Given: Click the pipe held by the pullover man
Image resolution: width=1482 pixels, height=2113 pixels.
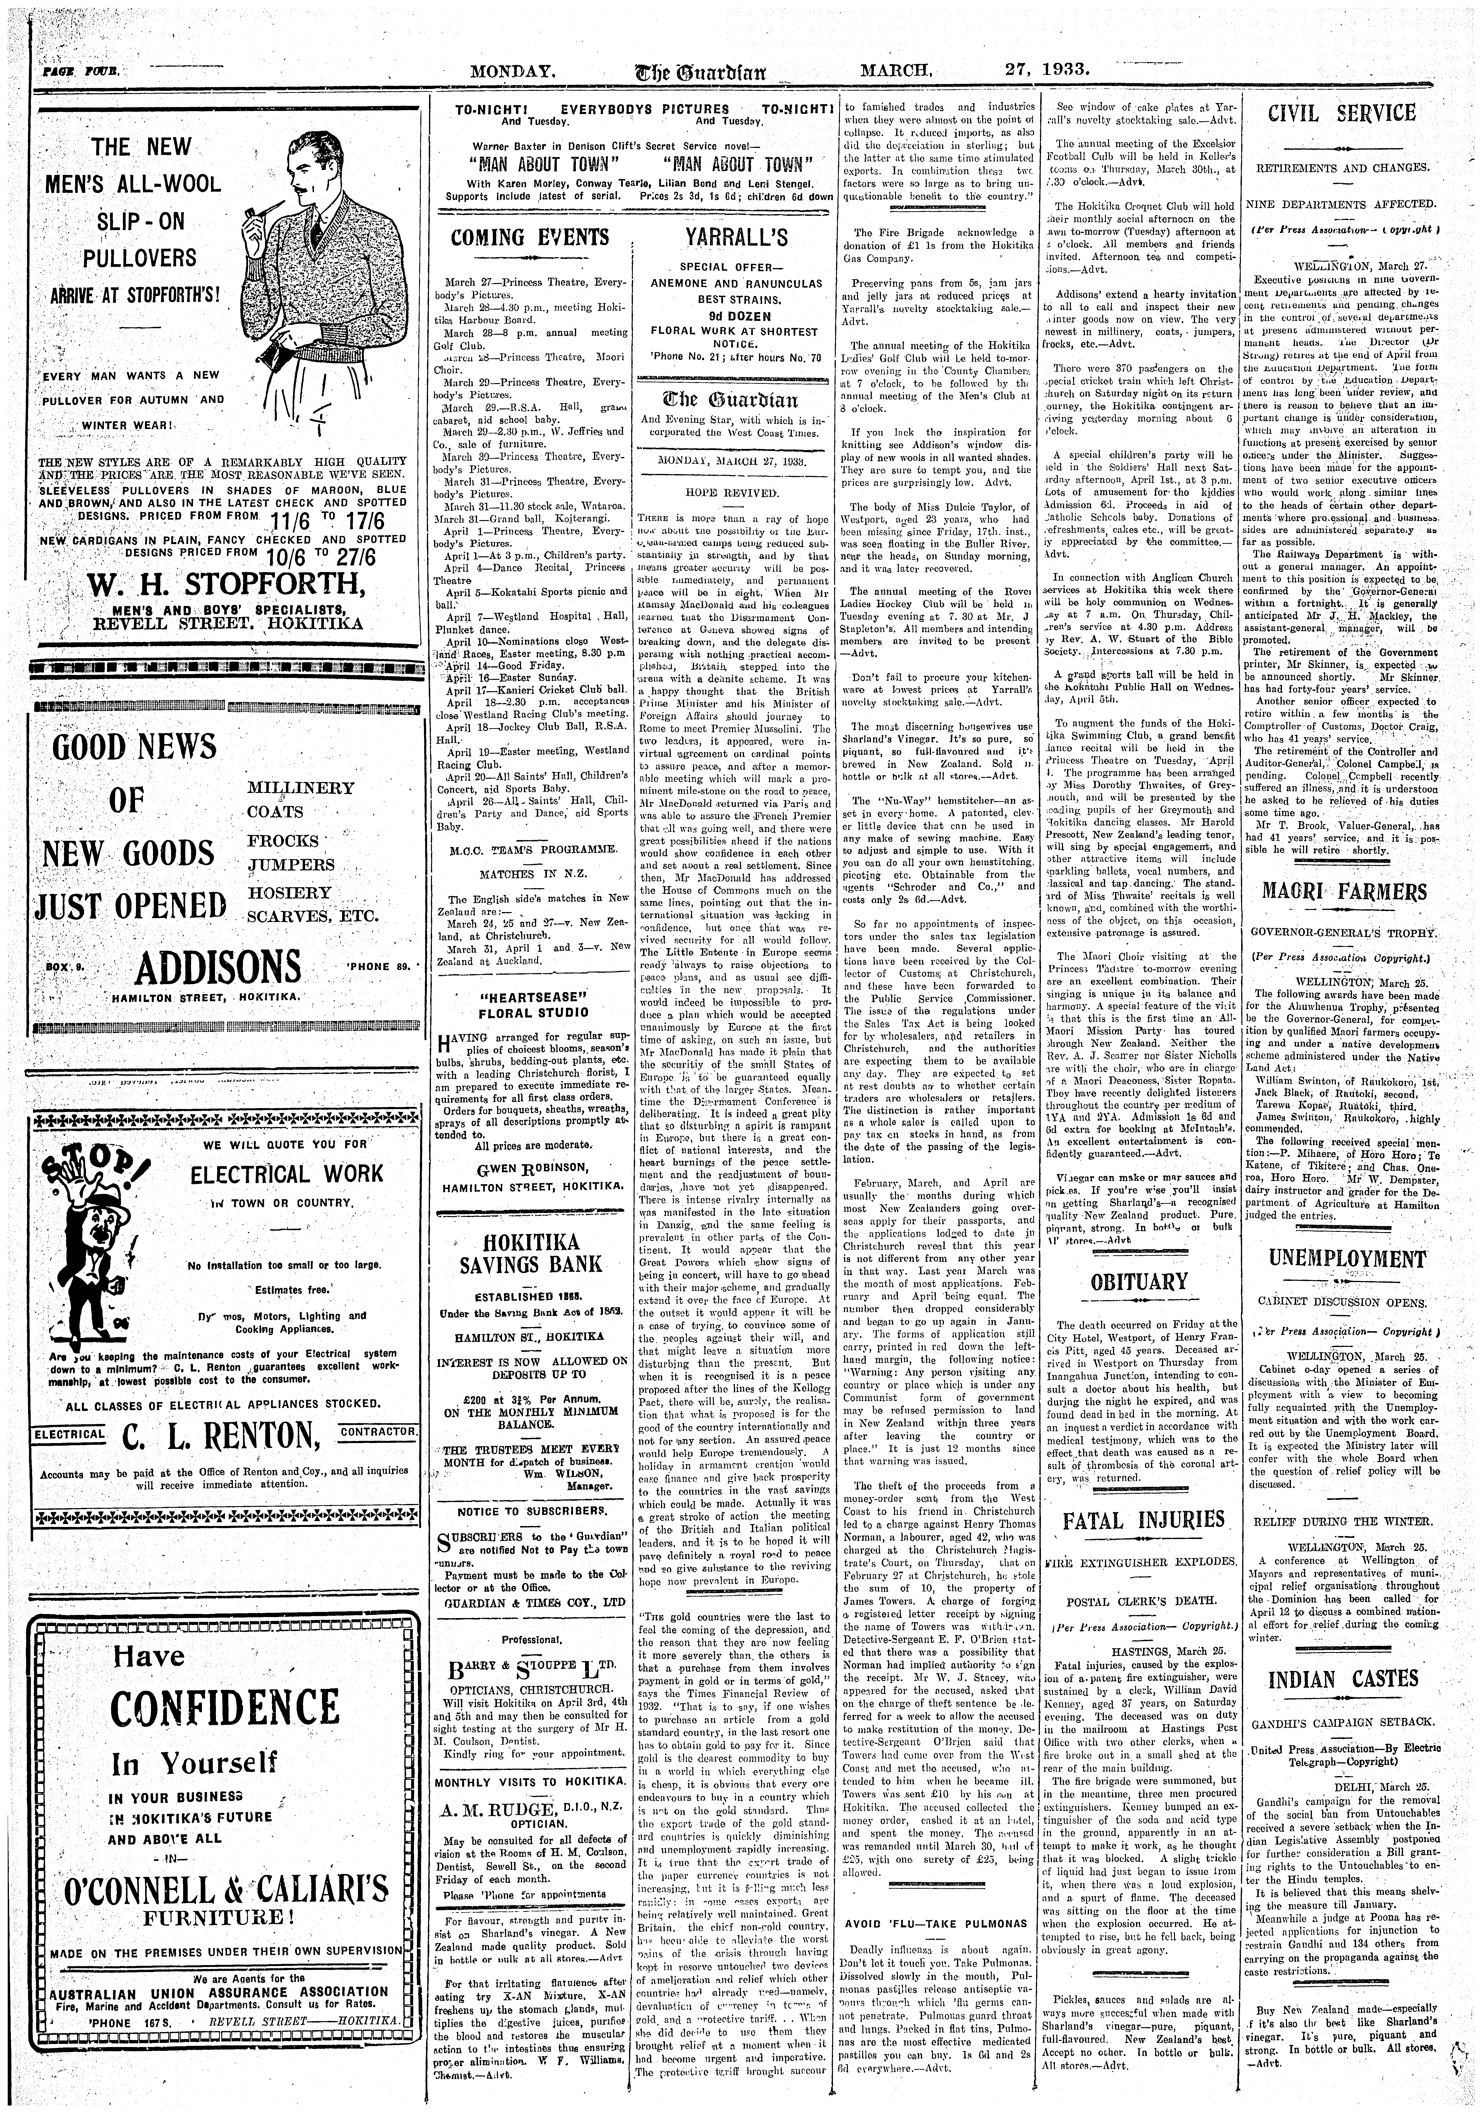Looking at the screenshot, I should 248,217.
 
